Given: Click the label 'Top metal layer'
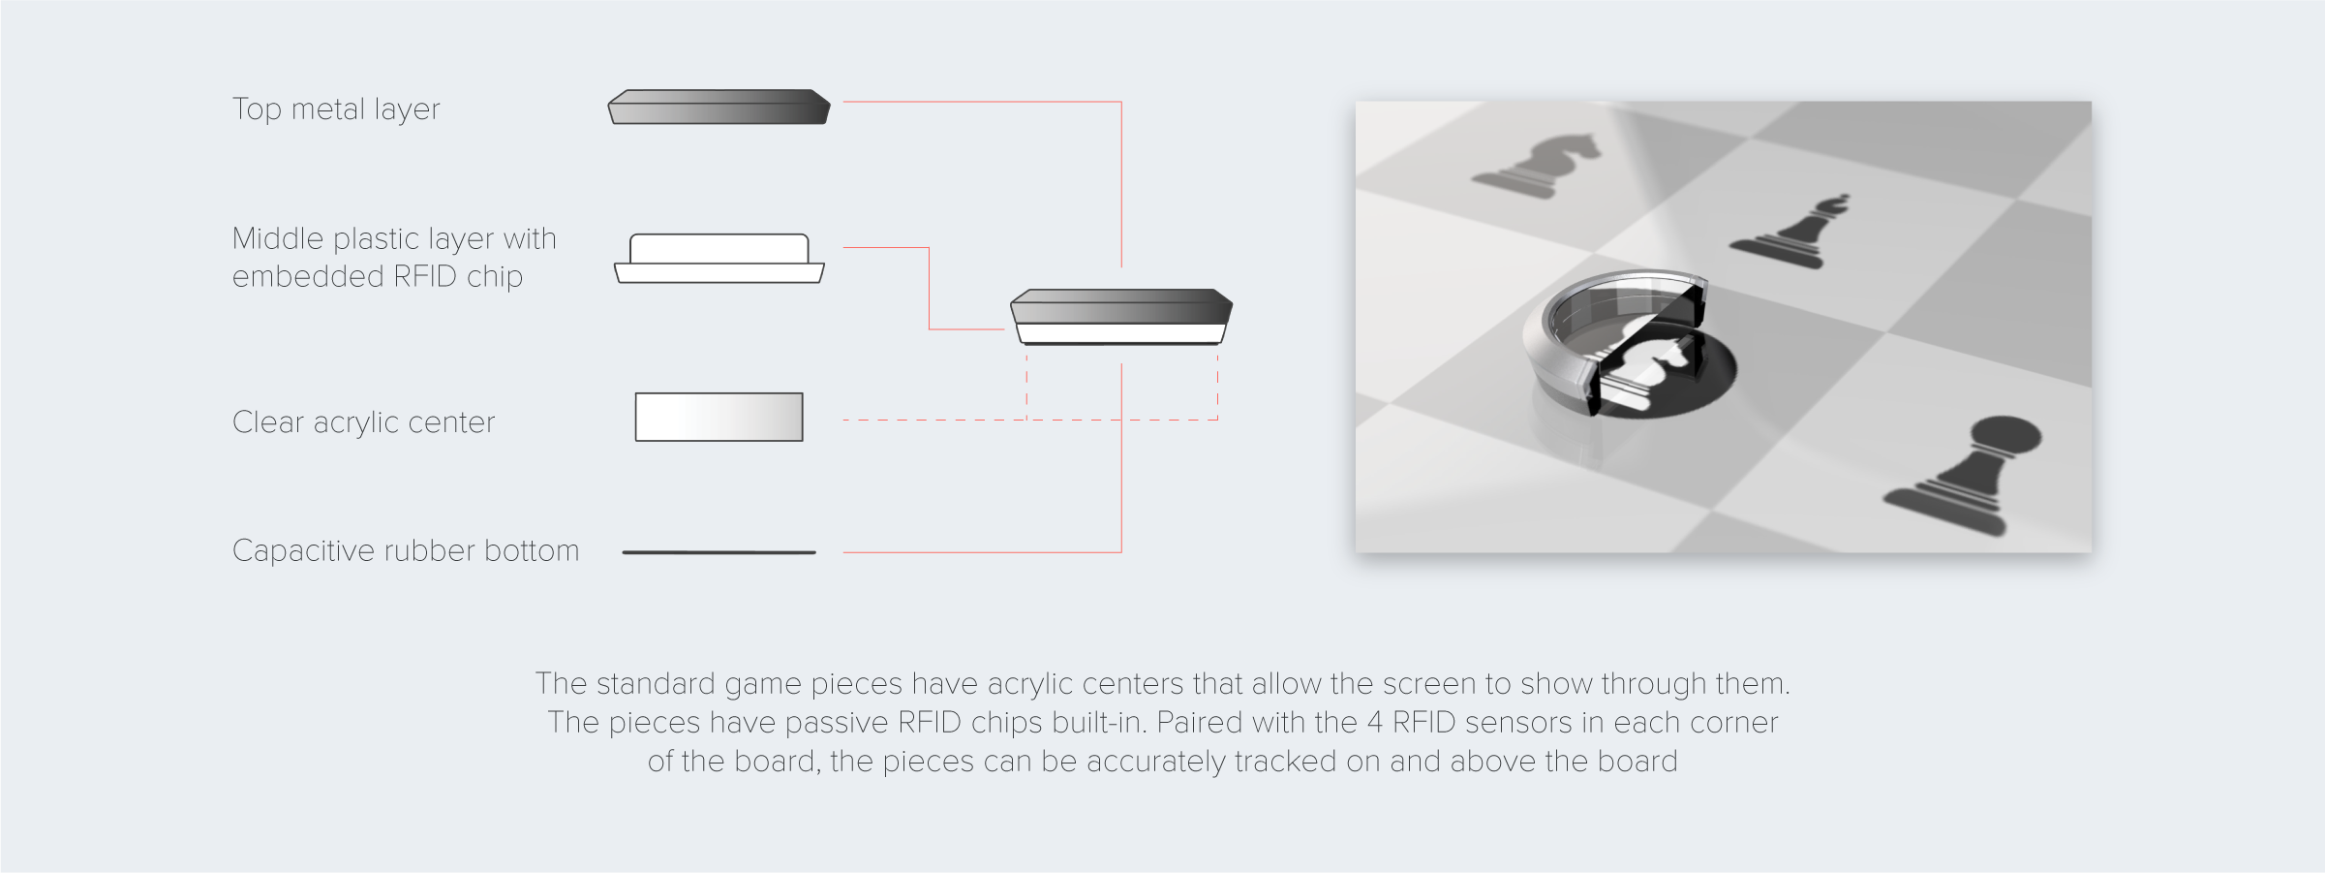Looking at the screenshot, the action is coord(336,109).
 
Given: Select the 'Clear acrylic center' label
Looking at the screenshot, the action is coord(363,422).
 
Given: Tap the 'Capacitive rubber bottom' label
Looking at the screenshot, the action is coord(406,550).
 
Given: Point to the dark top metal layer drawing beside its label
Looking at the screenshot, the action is coord(719,107).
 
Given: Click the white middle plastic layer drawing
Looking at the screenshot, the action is coord(719,259).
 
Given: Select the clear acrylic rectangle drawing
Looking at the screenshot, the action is coord(719,417).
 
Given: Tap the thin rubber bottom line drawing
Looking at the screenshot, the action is coord(719,552).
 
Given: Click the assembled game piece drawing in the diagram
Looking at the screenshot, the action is coord(1121,317).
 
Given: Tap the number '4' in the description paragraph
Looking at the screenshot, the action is coord(1375,723).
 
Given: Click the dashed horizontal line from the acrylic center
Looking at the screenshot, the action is coord(1030,420).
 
